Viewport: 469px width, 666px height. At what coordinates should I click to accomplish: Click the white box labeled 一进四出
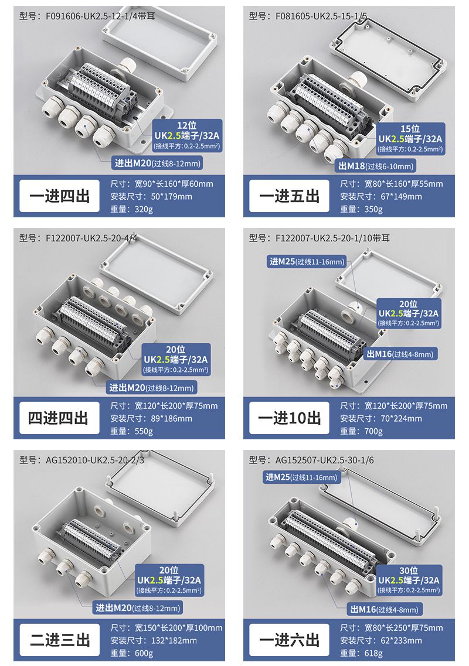(x=59, y=196)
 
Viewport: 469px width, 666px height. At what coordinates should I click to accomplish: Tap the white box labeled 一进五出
(x=289, y=196)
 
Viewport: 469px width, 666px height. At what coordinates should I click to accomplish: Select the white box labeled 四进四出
(x=59, y=418)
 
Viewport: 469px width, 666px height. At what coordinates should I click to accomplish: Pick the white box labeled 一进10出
(x=289, y=418)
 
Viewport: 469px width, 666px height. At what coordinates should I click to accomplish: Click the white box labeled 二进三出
(x=59, y=640)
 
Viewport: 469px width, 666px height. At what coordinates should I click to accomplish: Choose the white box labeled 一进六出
(x=289, y=640)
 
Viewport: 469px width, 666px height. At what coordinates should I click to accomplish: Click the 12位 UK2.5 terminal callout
(x=187, y=135)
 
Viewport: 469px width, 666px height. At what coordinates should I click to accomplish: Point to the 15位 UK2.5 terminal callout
(x=410, y=138)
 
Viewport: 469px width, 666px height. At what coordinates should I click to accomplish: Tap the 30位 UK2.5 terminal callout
(x=409, y=580)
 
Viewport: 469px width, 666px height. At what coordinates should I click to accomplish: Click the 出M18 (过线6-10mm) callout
(x=375, y=166)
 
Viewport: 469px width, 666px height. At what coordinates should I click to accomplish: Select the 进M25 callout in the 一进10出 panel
(x=307, y=262)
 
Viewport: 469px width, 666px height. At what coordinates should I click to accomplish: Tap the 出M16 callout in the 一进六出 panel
(x=384, y=610)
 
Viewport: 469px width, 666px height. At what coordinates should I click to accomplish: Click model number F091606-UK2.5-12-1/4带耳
(x=87, y=16)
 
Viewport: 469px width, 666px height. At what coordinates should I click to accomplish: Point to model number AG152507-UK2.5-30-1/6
(x=311, y=460)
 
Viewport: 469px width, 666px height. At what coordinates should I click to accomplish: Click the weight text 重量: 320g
(x=131, y=209)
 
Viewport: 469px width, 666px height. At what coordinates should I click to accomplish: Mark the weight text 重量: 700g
(x=362, y=431)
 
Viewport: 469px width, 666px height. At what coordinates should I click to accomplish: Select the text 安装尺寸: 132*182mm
(x=154, y=640)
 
